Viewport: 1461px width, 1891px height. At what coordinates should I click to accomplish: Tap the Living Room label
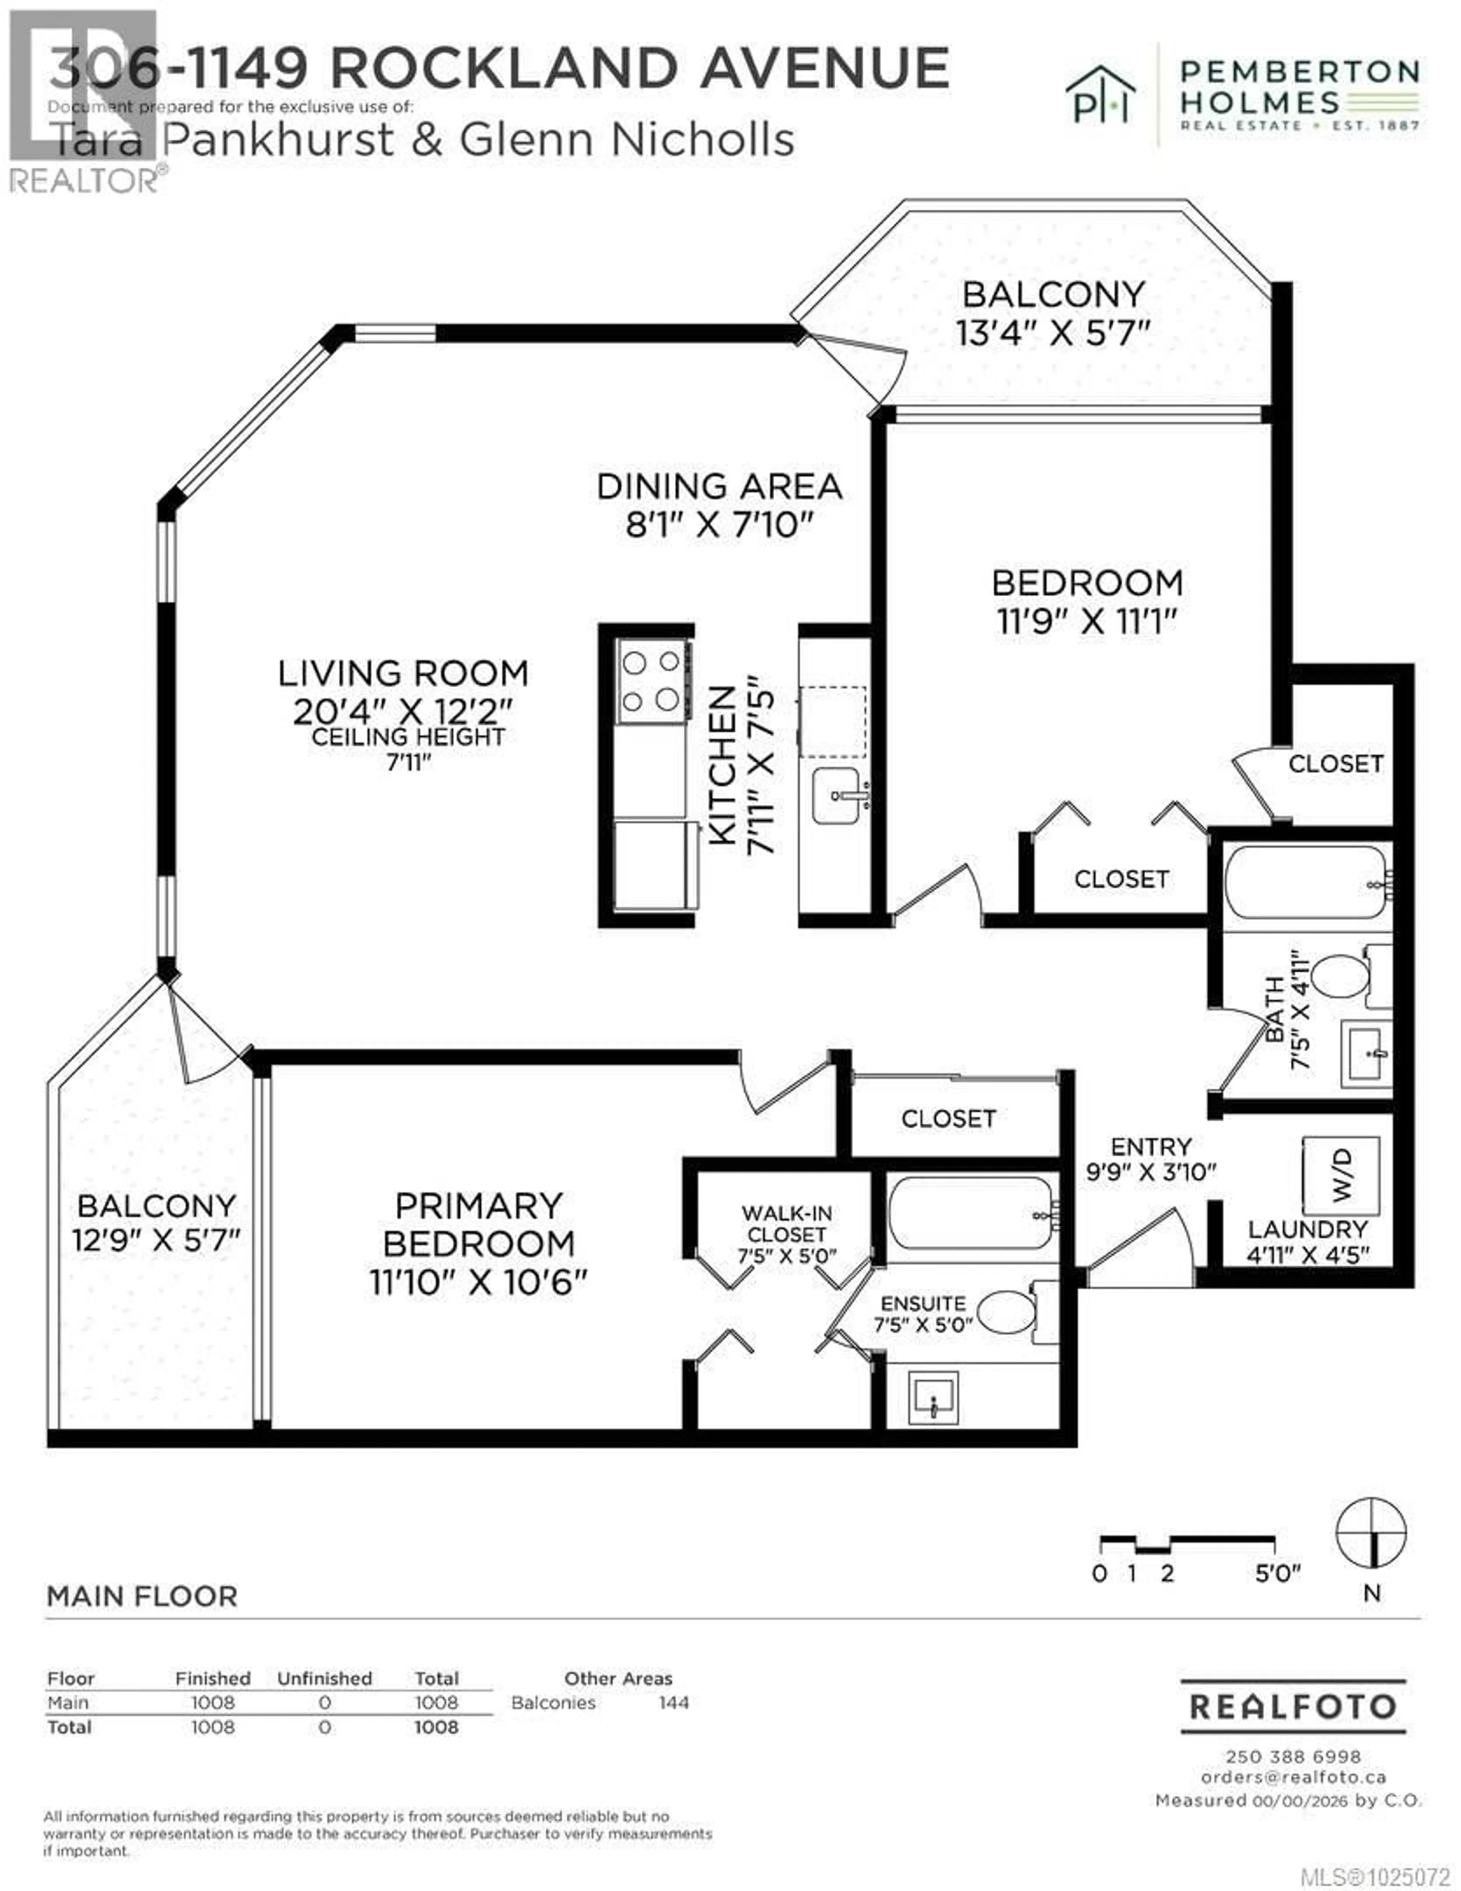[403, 673]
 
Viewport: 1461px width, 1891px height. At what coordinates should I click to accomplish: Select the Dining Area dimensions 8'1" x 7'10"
[720, 525]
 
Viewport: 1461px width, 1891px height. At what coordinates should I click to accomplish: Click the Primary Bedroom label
[479, 1224]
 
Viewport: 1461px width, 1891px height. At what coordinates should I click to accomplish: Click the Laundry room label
[1307, 1229]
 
